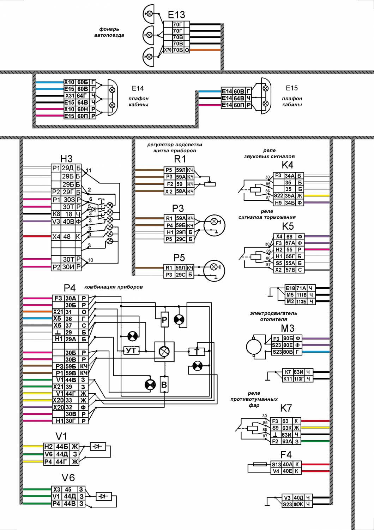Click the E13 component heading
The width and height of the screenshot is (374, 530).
coord(176,15)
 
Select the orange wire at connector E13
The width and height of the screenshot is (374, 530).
coord(205,50)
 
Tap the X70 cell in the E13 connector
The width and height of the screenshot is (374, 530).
coord(168,50)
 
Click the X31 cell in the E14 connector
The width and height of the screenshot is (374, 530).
coord(70,96)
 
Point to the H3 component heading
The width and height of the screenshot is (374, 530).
coord(66,159)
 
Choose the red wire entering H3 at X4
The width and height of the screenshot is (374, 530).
coord(37,236)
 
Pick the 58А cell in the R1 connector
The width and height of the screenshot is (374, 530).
coord(181,192)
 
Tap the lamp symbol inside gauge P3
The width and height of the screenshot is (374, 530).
coord(214,222)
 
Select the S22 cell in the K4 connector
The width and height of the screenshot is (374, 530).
coord(278,196)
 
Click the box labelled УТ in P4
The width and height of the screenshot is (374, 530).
coord(131,351)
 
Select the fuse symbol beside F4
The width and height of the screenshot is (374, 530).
coord(260,465)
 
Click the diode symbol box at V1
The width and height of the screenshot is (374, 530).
coord(98,446)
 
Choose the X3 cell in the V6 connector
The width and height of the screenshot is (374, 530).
coord(57,489)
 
